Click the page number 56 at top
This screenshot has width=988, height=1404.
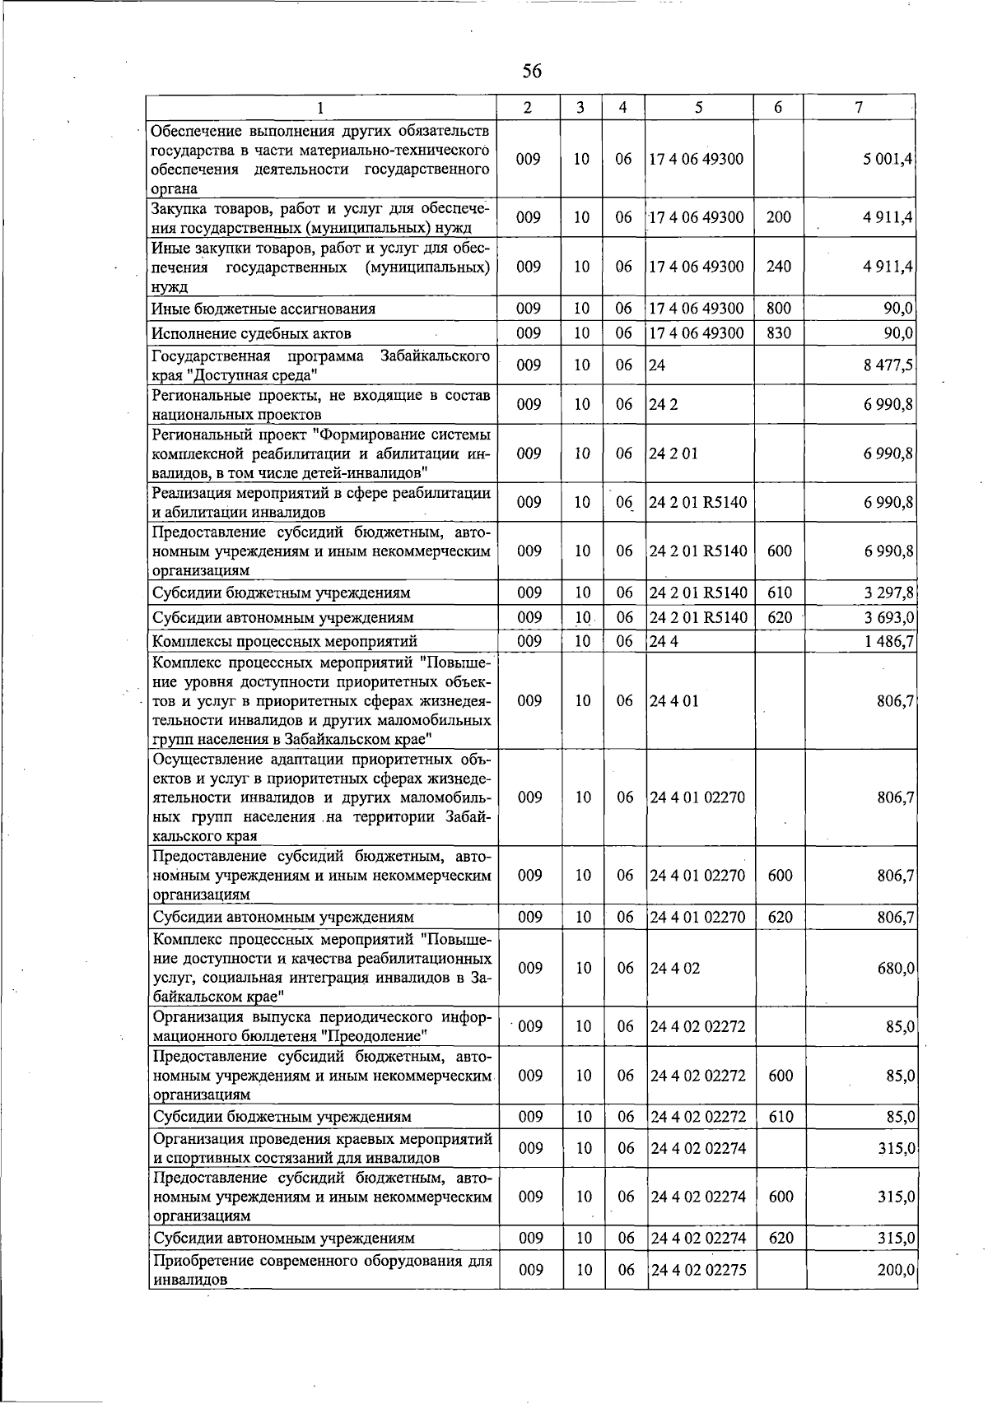coord(532,72)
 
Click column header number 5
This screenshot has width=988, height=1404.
coord(698,107)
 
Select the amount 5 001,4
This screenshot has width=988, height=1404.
coord(888,160)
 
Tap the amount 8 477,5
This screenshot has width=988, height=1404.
coord(888,365)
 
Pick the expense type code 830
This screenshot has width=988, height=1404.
coord(778,333)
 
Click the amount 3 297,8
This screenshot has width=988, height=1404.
coord(888,593)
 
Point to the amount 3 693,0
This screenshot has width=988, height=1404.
coord(888,617)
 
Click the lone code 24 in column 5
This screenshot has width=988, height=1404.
coord(657,365)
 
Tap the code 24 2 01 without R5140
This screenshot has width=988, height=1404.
coord(673,453)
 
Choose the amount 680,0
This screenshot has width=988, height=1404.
coord(897,969)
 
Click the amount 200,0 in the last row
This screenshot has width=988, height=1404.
coord(897,1270)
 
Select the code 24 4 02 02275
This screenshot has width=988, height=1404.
coord(698,1270)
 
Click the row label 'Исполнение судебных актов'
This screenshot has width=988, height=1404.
coord(251,333)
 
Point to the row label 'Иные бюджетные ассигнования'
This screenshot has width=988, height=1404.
coord(263,309)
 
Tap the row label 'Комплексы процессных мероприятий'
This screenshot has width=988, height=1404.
coord(284,641)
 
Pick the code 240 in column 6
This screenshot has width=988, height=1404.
coord(778,267)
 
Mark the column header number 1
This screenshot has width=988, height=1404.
coord(321,107)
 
